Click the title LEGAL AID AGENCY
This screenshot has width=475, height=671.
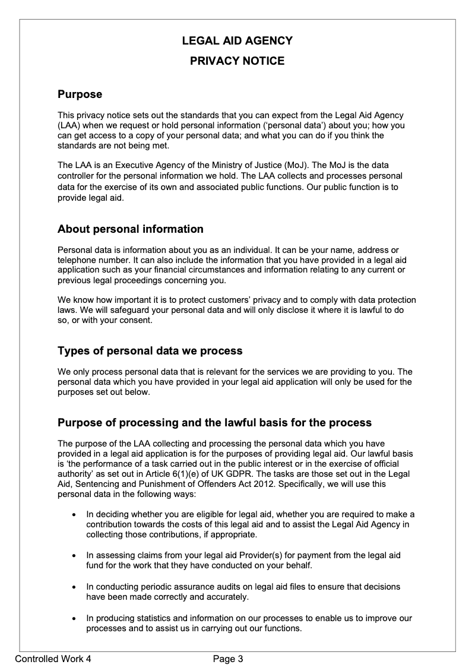coord(237,41)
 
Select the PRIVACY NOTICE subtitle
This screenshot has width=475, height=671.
coord(237,61)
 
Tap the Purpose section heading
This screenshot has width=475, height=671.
coord(80,94)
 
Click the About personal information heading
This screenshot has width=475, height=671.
coord(130,229)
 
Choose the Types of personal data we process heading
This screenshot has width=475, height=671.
coord(150,351)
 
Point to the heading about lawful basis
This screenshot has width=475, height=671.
coord(214,423)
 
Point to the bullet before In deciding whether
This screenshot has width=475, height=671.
coord(73,514)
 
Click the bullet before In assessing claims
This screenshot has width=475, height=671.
coord(73,556)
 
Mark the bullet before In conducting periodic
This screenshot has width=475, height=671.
coord(73,587)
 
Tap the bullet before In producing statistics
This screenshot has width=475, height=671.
coord(73,619)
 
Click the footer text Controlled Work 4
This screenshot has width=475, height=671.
coord(53,659)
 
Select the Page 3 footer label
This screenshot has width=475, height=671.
coord(229,659)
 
